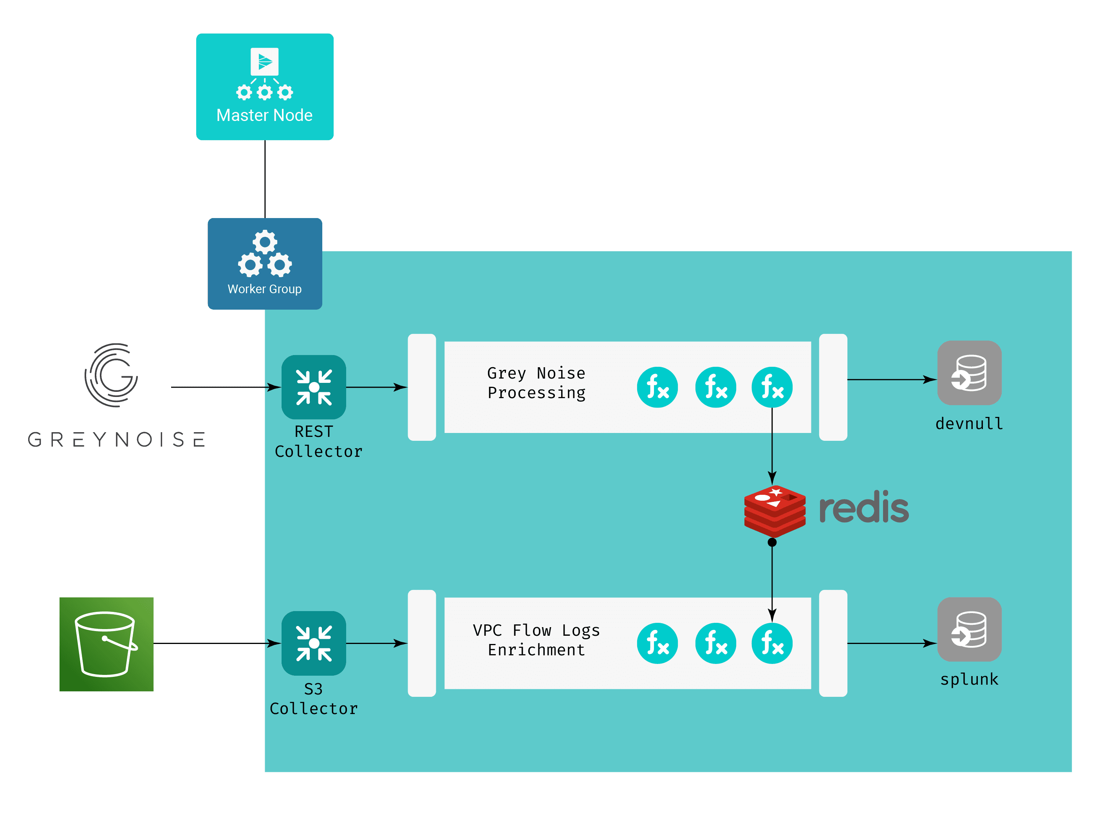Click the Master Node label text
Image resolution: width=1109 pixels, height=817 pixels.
point(264,115)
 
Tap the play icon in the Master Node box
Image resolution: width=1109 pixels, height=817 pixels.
point(265,62)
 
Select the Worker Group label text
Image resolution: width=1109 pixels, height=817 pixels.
point(264,289)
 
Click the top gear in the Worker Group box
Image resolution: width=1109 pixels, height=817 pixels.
point(265,242)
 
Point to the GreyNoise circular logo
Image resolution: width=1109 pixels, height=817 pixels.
point(112,375)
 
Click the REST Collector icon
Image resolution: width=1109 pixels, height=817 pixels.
point(314,387)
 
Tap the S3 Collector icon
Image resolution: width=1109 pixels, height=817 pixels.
point(314,643)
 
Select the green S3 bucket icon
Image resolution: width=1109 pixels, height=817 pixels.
point(107,644)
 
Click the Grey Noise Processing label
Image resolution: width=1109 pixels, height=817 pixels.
point(536,383)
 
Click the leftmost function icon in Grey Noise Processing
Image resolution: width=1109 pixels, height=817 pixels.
point(657,387)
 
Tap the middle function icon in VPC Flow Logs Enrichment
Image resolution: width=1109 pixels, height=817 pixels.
point(715,643)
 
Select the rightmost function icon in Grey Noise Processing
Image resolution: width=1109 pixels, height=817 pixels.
point(772,387)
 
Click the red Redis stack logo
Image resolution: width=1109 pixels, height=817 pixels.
point(775,511)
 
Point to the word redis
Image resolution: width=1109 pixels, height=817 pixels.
point(863,507)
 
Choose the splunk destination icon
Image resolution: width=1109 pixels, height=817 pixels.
point(969,629)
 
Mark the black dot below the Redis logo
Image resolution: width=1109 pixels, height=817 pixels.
point(772,543)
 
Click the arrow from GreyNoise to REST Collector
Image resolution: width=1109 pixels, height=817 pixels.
point(225,387)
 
